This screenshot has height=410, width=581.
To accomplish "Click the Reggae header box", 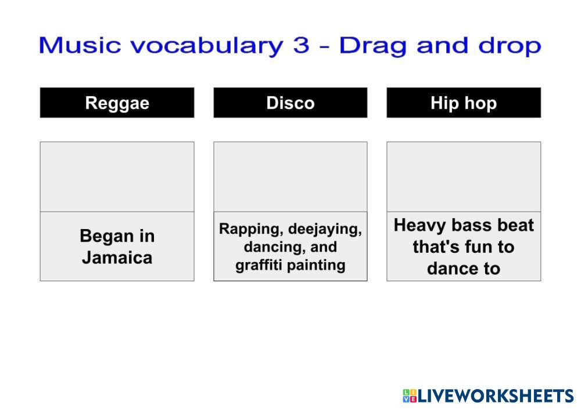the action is pyautogui.click(x=117, y=103).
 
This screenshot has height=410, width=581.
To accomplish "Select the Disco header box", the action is pyautogui.click(x=290, y=103).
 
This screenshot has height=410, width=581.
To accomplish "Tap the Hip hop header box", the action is pyautogui.click(x=464, y=103).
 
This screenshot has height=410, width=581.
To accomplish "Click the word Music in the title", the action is pyautogui.click(x=80, y=45).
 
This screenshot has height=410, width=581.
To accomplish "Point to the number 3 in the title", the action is pyautogui.click(x=301, y=45).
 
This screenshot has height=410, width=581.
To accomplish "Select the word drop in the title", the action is pyautogui.click(x=510, y=46).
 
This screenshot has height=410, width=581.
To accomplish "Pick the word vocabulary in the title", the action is pyautogui.click(x=207, y=46).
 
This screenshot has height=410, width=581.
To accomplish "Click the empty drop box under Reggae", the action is pyautogui.click(x=117, y=177).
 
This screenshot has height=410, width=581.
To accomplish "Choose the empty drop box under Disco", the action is pyautogui.click(x=290, y=177).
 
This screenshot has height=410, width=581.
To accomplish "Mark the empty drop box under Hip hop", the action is pyautogui.click(x=464, y=177).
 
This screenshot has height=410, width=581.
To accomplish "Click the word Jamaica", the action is pyautogui.click(x=117, y=257).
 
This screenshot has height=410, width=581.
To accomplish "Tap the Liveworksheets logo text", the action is pyautogui.click(x=496, y=396).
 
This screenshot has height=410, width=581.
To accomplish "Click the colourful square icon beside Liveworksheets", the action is pyautogui.click(x=410, y=396).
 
